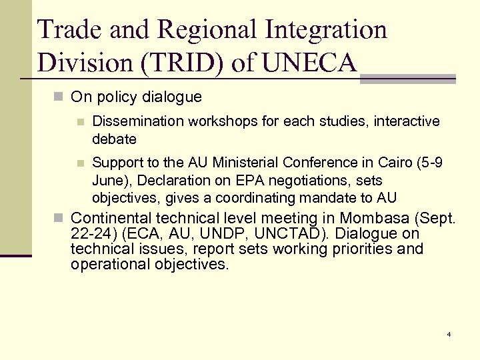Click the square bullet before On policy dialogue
59,97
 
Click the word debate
114,139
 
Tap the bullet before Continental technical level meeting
59,218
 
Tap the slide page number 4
449,333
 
